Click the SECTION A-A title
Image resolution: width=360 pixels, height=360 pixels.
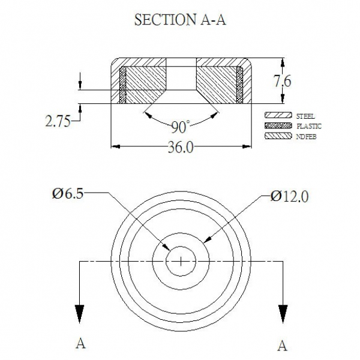pos(180,20)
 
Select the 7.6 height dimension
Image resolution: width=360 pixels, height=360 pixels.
pos(283,81)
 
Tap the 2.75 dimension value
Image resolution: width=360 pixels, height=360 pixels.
pos(58,121)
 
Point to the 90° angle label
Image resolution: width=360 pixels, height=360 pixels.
pos(181,127)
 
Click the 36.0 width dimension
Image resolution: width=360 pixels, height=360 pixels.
pos(181,147)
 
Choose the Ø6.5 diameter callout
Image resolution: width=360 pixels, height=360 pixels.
pos(67,194)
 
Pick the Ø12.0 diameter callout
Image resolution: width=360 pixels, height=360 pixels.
pos(289,197)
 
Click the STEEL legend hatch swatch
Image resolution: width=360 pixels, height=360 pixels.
pos(278,115)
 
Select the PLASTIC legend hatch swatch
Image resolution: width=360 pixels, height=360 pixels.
pos(278,125)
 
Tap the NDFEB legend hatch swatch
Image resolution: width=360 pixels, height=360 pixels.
pos(278,136)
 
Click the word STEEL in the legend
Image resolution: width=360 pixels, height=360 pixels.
pos(305,116)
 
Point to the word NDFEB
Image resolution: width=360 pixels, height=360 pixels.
pos(307,137)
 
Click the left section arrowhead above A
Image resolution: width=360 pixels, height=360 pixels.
pos(80,314)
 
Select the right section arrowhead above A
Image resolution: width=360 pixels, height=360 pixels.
pos(283,314)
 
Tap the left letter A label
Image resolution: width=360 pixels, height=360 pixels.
pos(80,344)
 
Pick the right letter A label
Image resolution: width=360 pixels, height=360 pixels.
pos(283,346)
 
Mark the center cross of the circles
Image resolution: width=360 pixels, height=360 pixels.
pos(181,261)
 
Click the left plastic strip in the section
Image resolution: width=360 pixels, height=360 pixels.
pos(123,85)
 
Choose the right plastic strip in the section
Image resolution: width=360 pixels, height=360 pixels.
pos(239,85)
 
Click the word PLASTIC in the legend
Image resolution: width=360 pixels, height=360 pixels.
pos(309,126)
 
